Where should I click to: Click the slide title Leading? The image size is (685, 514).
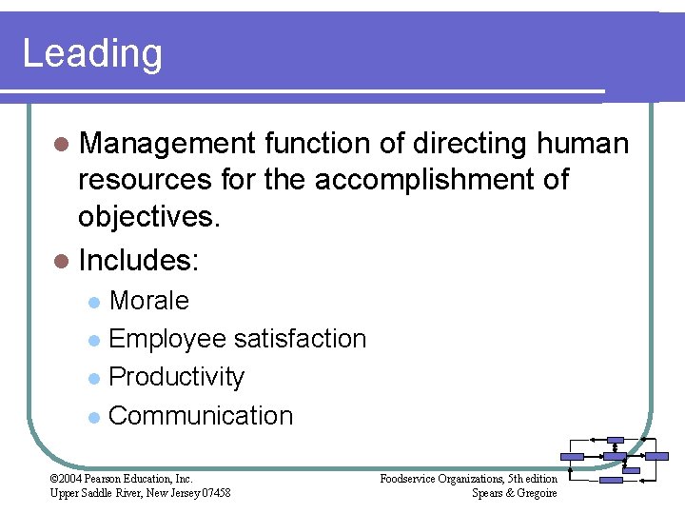coord(92,54)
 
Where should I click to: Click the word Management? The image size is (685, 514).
coord(167,144)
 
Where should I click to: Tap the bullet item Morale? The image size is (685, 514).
coord(149,301)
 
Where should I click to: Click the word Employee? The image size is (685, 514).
coord(167,339)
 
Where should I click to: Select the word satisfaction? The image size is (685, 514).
coord(300,339)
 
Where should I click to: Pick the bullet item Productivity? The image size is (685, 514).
coord(177,377)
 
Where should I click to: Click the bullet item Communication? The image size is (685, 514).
coord(201,416)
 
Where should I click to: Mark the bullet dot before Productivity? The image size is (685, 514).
coord(92,379)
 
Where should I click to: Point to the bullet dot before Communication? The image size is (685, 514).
coord(92,417)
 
